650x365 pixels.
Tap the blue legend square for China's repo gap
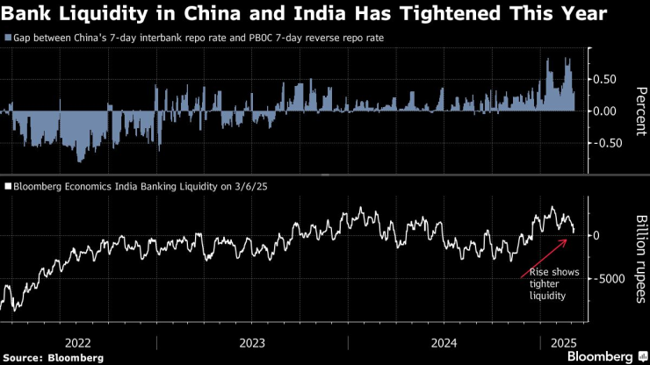point(8,39)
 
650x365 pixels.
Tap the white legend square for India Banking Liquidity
point(8,186)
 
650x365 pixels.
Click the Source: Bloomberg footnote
point(53,358)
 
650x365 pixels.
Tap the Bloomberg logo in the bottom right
point(599,357)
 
